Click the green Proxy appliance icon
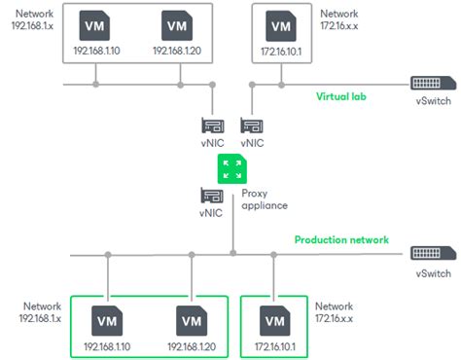(231, 168)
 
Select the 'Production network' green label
(341, 239)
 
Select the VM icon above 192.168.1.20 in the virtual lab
(176, 24)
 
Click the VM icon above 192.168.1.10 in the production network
(106, 317)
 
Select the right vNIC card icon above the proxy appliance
(251, 126)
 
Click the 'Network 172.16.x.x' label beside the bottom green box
(334, 312)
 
